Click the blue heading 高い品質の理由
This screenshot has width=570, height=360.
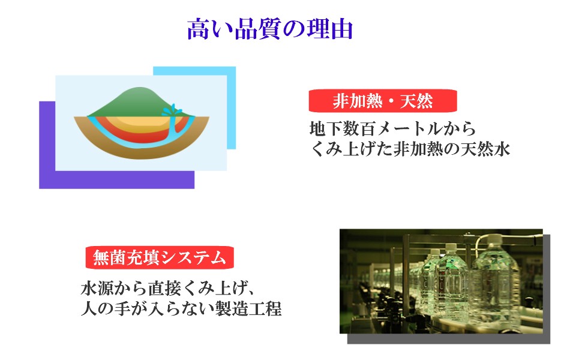pos(270,29)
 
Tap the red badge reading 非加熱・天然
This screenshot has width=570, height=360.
pos(382,101)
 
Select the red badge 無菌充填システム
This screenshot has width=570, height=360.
pos(159,258)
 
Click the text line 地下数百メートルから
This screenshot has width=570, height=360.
pos(392,129)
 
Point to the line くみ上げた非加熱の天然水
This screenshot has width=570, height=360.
pos(410,149)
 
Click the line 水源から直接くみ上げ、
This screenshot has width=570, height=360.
pos(167,289)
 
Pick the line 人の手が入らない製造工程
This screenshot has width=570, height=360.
pos(181,309)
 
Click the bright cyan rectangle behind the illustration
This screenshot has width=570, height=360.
pos(231,109)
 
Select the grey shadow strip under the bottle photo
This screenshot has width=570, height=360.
pos(449,339)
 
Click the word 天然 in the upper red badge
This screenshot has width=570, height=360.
pos(416,101)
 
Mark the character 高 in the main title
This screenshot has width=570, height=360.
pos(199,29)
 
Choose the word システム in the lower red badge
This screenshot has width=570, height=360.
pos(193,258)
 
